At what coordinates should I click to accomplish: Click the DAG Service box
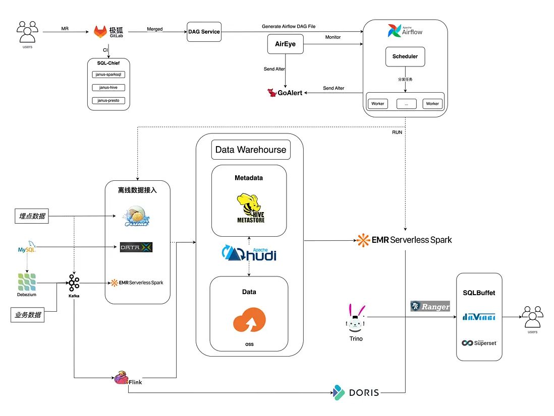pos(203,31)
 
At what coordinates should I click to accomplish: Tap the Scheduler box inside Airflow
pos(405,56)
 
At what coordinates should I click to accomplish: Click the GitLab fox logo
pos(101,32)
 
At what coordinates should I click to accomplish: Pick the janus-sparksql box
pos(108,74)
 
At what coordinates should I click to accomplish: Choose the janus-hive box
pos(108,87)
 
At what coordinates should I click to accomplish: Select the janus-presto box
pos(108,100)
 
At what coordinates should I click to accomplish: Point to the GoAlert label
pos(285,93)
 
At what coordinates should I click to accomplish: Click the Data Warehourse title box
pos(251,150)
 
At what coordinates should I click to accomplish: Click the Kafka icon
pos(74,283)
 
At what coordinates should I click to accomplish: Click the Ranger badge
pos(430,306)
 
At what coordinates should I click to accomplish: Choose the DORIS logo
pos(356,392)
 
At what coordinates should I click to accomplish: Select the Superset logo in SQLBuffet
pos(479,343)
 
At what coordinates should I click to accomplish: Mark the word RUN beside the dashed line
pos(398,132)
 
